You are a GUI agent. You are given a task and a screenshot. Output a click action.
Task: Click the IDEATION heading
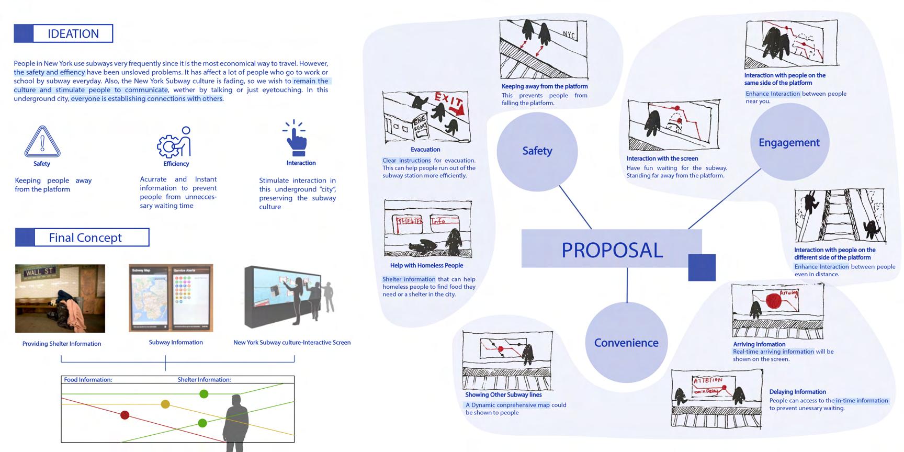tap(73, 33)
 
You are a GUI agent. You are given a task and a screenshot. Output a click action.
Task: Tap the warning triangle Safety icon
tap(42, 142)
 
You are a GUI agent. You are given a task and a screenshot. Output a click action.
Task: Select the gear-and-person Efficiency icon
tap(175, 142)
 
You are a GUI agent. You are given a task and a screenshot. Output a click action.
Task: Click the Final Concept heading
tap(85, 238)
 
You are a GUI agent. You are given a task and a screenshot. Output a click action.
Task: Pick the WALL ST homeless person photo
tap(60, 298)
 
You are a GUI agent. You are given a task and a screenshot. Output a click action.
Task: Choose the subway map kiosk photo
tap(171, 298)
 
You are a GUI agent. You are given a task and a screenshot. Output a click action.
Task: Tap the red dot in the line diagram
tap(125, 415)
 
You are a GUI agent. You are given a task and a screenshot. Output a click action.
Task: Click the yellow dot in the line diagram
tap(165, 404)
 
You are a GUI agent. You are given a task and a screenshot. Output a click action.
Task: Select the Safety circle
tap(537, 151)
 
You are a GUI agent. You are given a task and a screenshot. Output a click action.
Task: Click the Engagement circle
tap(789, 143)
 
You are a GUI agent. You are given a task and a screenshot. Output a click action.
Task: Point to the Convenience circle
tap(626, 343)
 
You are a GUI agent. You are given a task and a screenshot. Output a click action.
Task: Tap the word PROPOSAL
tap(612, 250)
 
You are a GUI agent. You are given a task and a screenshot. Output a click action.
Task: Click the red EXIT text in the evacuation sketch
tap(448, 101)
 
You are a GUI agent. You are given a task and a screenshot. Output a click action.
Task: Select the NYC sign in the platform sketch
tap(569, 35)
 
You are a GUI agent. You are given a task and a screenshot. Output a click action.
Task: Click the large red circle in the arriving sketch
tap(773, 301)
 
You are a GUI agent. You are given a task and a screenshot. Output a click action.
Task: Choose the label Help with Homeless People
tap(426, 266)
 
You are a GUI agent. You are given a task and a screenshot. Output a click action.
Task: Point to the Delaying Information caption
tap(797, 392)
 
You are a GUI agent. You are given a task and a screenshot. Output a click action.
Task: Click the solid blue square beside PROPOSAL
tap(702, 267)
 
